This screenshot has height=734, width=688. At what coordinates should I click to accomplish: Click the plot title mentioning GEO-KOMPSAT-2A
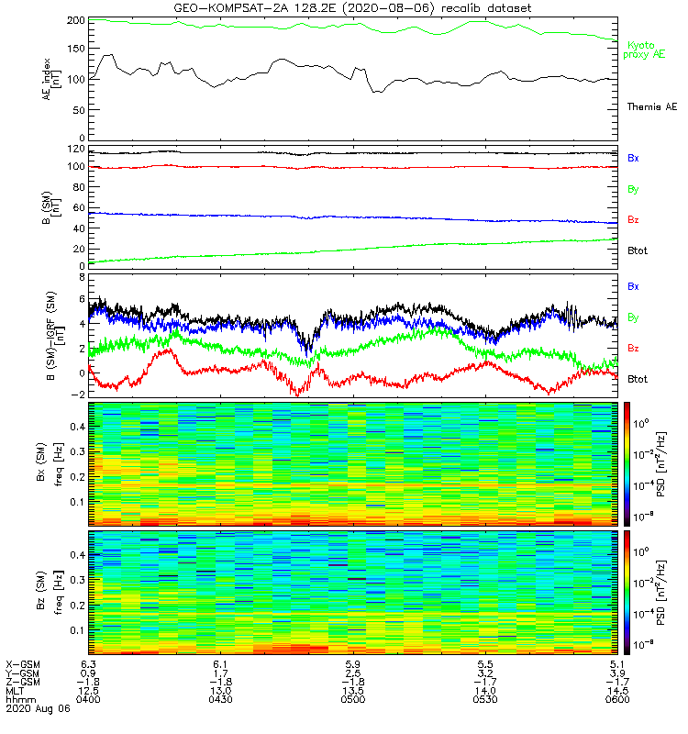pos(353,8)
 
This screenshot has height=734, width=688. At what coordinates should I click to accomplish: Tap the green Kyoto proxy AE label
pos(645,50)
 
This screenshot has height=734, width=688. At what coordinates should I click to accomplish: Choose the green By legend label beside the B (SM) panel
pos(633,189)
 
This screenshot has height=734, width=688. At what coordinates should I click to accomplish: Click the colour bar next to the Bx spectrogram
pos(628,463)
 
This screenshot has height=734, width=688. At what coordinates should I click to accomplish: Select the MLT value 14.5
pos(616,691)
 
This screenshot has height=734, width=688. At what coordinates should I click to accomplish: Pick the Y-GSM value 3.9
pos(616,673)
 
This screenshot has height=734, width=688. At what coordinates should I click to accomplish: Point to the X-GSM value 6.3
pos(87,663)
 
